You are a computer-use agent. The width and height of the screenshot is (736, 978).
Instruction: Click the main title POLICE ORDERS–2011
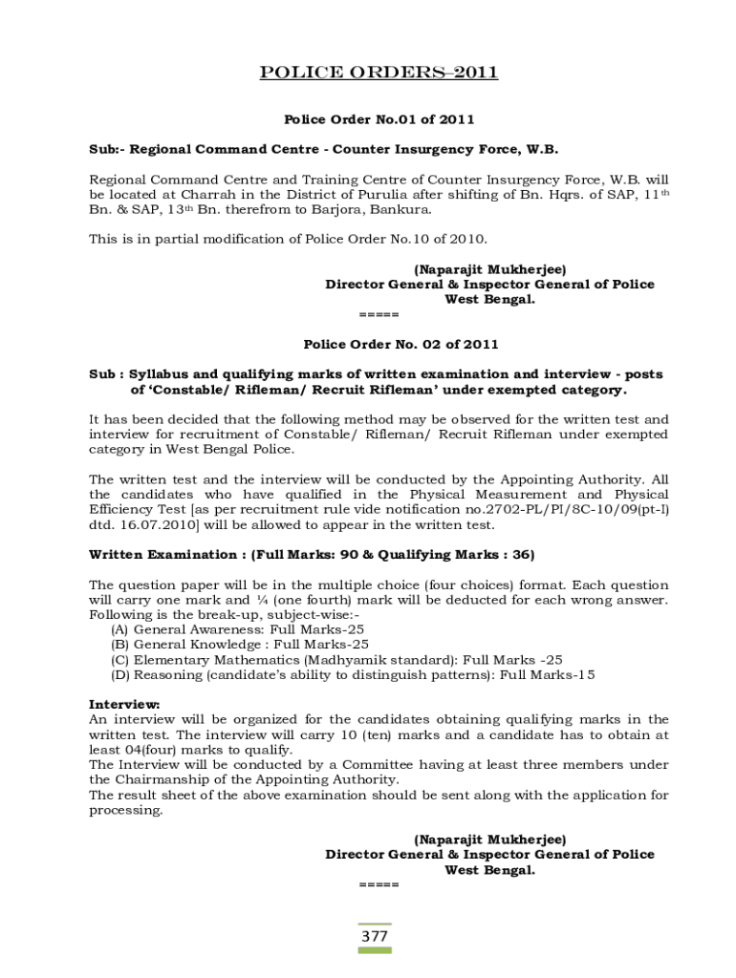[379, 74]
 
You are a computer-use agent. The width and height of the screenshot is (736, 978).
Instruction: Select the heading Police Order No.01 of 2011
[379, 119]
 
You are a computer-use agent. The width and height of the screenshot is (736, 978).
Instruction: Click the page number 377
[375, 936]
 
